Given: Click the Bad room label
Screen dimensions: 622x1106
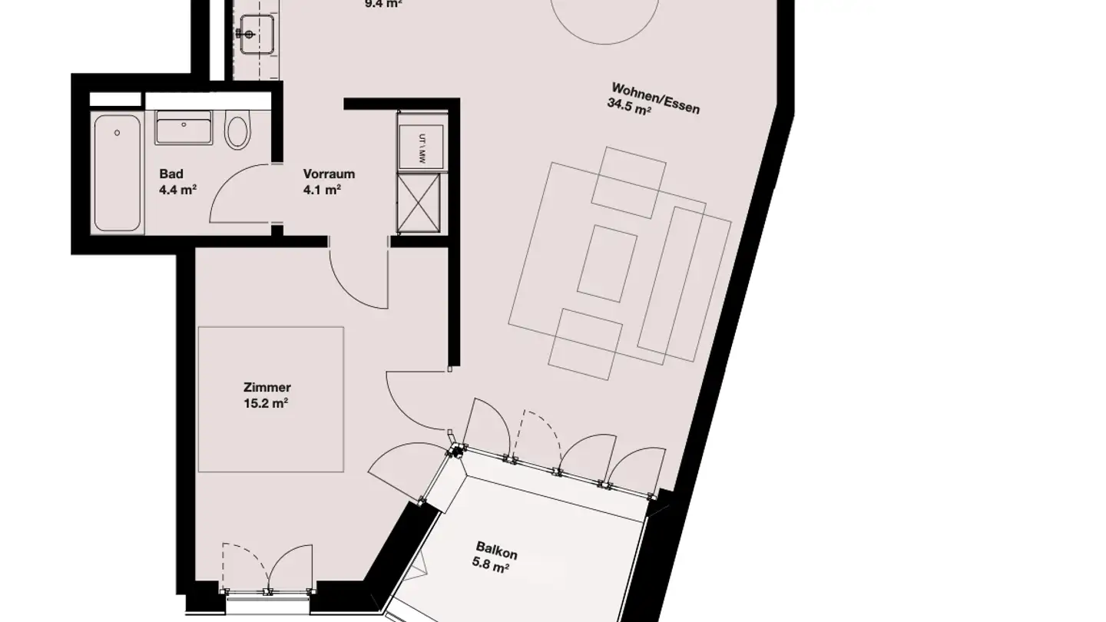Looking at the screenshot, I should [171, 174].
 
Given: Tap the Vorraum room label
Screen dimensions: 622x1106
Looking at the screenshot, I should [329, 174].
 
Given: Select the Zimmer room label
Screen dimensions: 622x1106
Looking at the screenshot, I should [267, 388].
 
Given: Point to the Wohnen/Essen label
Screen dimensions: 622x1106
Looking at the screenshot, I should [655, 97].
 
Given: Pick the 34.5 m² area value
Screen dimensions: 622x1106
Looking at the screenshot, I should [629, 110].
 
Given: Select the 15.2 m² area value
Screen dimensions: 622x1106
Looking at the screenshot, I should [266, 402].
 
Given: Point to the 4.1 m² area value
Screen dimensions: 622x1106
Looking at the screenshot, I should [322, 189].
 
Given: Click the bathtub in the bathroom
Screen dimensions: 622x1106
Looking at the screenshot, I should [117, 172].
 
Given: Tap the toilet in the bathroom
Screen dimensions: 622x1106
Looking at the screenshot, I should [237, 131].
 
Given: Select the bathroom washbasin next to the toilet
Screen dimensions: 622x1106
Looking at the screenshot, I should [184, 127].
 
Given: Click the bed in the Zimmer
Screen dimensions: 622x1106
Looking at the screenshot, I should [270, 399].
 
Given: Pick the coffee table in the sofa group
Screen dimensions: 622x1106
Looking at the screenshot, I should [607, 263].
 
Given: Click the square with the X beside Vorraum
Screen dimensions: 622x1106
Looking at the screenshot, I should [419, 202].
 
